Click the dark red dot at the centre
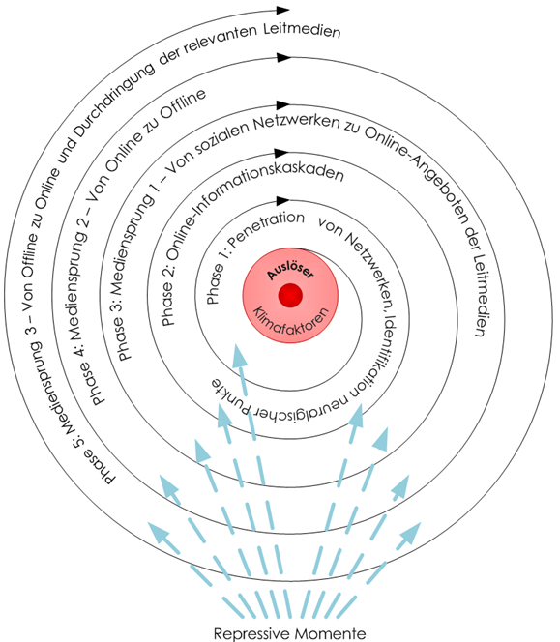point(290,295)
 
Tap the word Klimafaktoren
point(292,320)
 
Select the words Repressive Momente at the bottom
point(289,633)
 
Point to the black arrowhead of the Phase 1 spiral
point(282,201)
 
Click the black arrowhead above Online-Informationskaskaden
point(282,153)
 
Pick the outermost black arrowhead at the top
point(282,10)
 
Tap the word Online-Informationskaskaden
point(254,205)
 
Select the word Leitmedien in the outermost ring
point(302,31)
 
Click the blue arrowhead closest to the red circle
point(240,356)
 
